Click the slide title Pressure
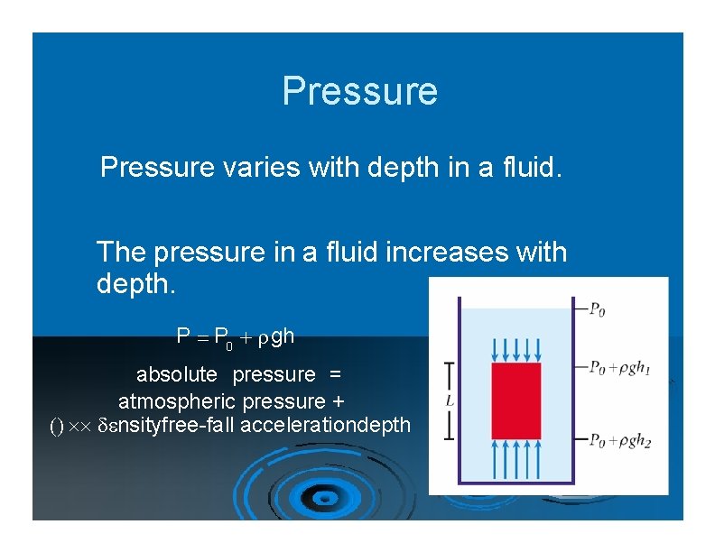click(x=359, y=91)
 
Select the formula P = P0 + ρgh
click(x=235, y=337)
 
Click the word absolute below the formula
click(x=177, y=373)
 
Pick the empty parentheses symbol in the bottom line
click(x=55, y=426)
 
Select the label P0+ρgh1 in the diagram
click(x=618, y=367)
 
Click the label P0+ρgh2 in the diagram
click(x=618, y=440)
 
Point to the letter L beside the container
click(x=450, y=399)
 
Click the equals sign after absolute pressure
click(x=334, y=373)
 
